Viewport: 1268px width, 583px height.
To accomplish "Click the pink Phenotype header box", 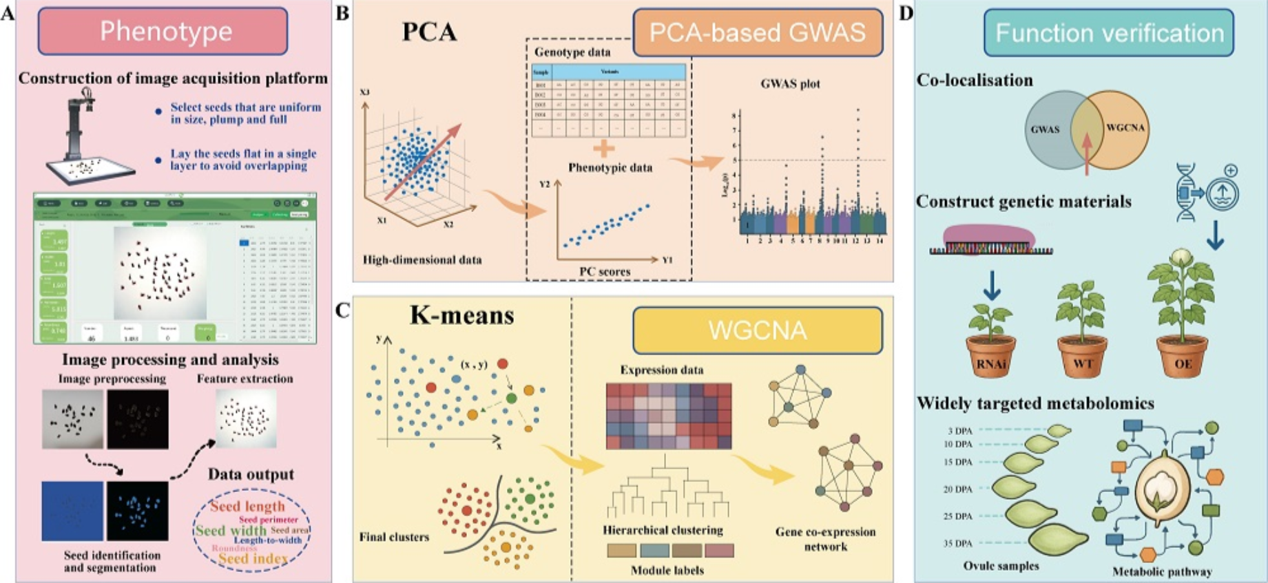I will point(163,31).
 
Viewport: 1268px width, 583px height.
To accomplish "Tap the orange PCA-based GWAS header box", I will point(757,32).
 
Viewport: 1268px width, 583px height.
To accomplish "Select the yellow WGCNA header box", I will point(757,330).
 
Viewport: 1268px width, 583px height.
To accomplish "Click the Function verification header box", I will point(1109,32).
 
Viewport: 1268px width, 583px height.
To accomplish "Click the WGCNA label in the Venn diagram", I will point(1125,127).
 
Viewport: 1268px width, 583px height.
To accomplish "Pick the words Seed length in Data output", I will point(247,506).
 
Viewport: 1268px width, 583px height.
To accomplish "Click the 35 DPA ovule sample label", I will point(958,543).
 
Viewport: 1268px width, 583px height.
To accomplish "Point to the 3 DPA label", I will point(959,432).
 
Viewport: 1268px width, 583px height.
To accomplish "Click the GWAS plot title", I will point(790,84).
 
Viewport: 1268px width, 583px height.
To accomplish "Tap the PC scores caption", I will point(605,272).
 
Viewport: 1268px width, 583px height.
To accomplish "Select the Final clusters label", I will point(394,537).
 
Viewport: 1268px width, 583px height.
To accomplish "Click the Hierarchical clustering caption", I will point(663,530).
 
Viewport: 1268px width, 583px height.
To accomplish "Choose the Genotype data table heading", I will point(572,52).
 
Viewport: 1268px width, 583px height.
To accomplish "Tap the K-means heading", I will point(461,315).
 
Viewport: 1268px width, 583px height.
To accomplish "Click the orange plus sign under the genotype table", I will point(603,149).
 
